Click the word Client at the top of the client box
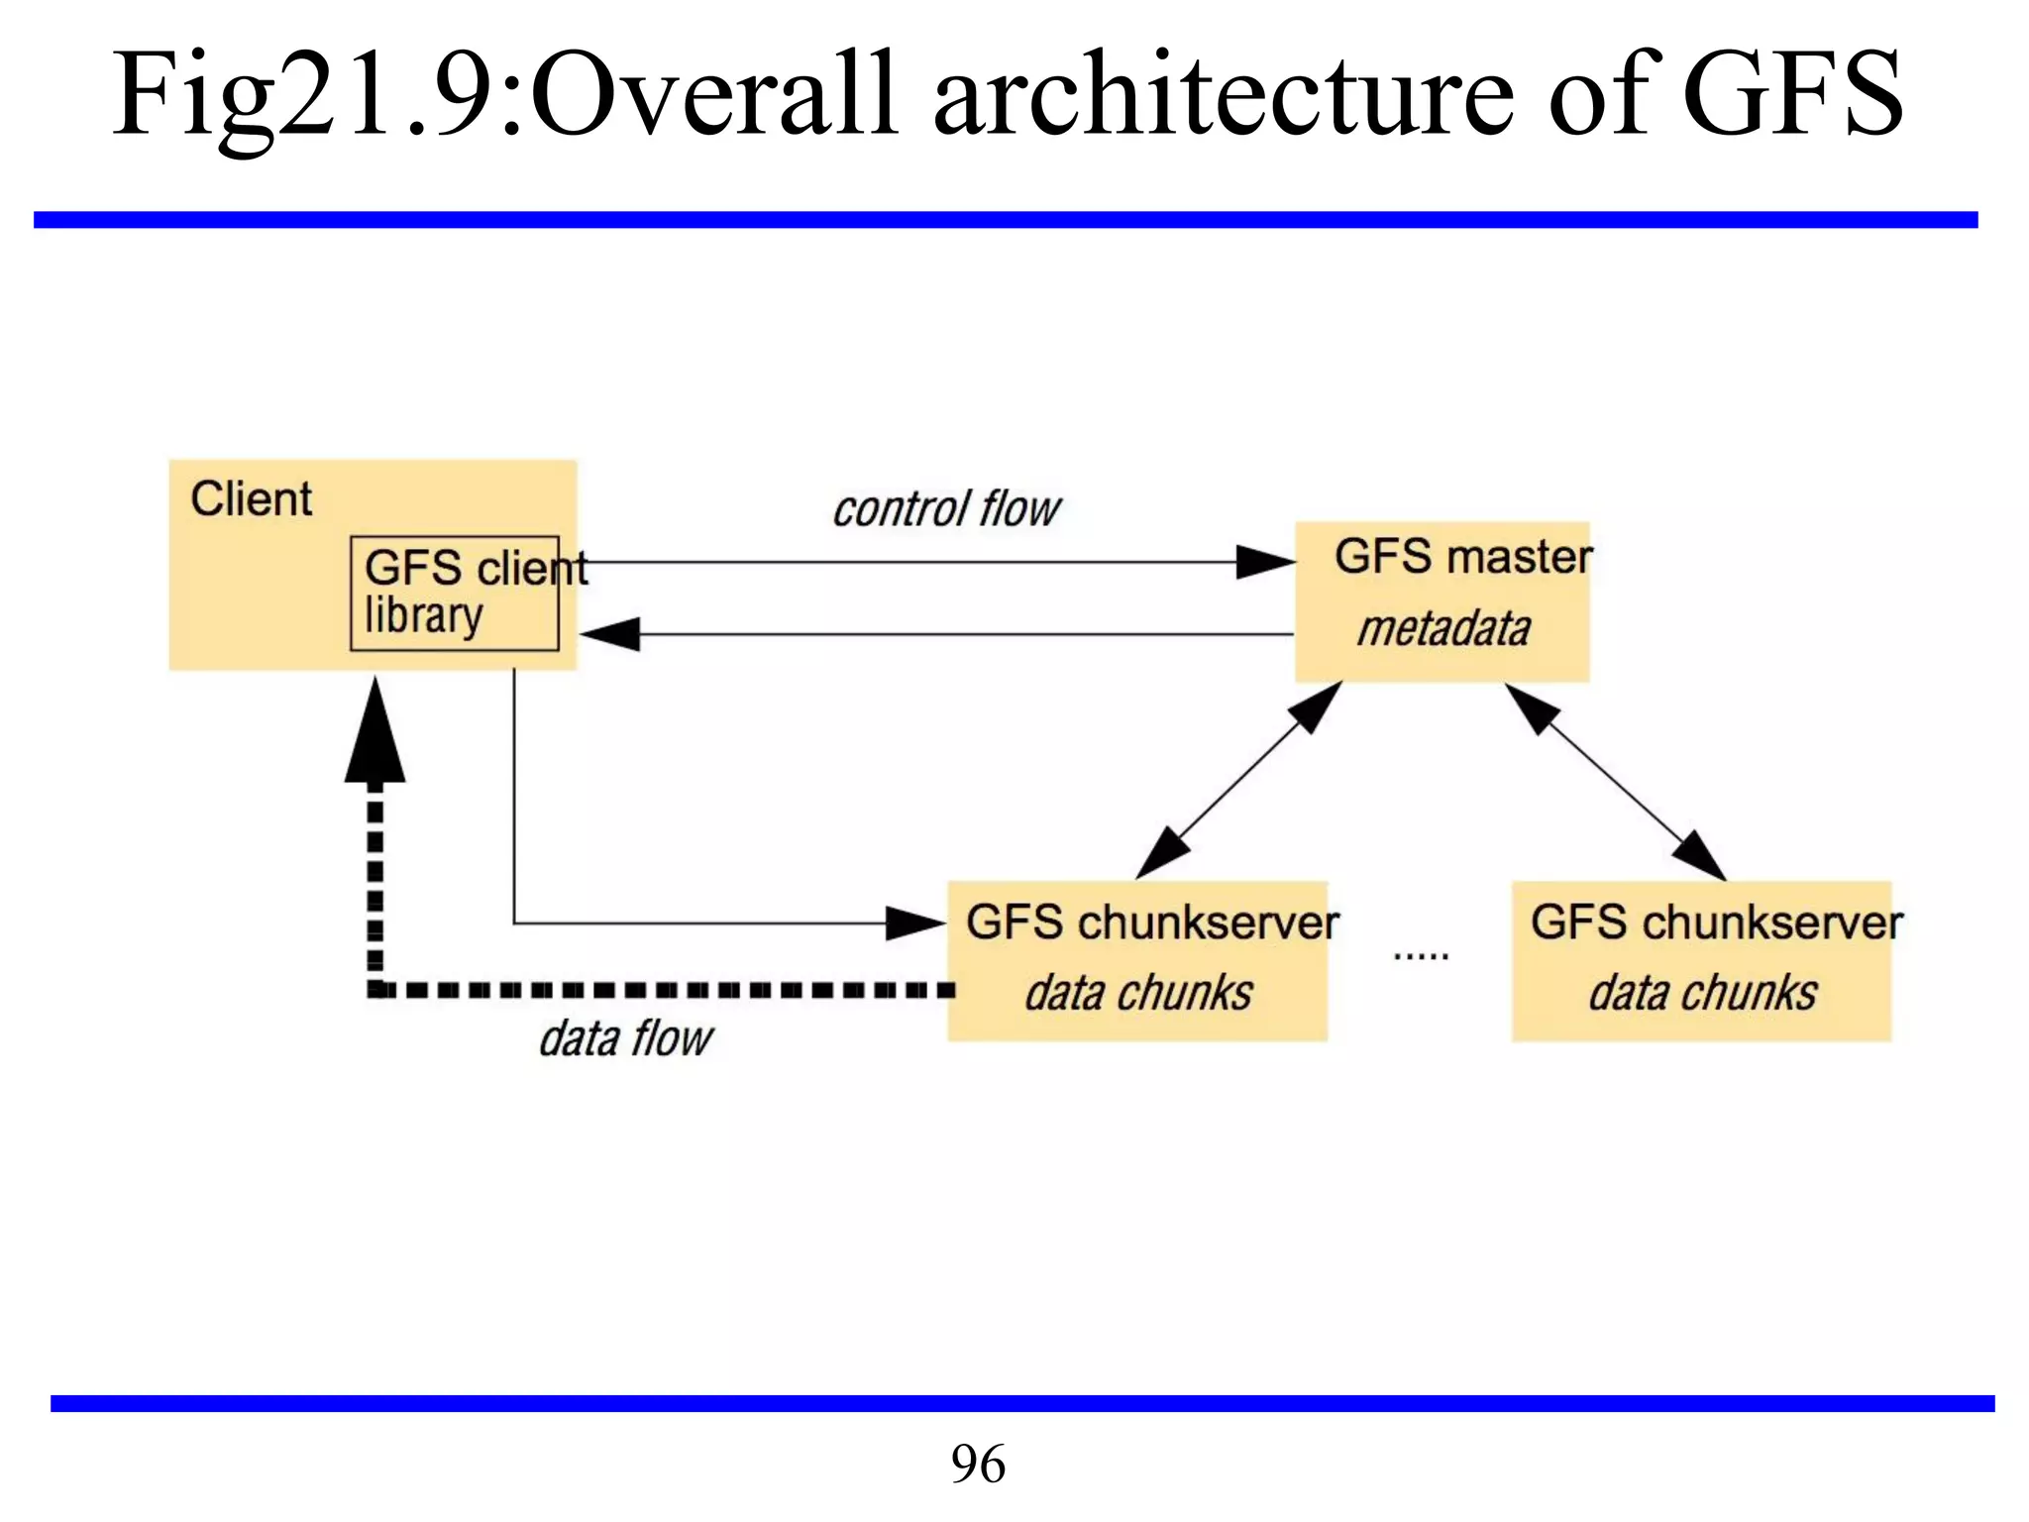251,498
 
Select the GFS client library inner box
455,594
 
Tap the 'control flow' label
946,509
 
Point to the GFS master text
1462,556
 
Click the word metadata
1443,629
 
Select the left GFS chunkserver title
1151,923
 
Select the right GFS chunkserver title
1716,923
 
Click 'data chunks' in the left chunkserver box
1138,993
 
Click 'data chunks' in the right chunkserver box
1702,993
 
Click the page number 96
978,1464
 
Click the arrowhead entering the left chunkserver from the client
913,924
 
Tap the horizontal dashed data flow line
664,989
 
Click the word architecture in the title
1223,95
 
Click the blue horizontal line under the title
1005,220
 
